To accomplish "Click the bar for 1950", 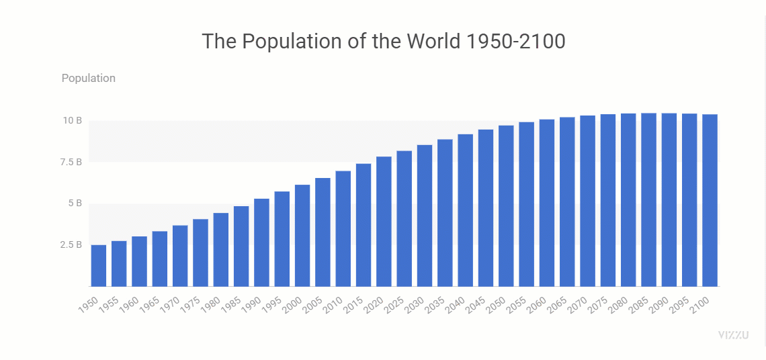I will point(99,265).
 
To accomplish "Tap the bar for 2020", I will point(384,221).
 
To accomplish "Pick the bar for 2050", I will point(506,206).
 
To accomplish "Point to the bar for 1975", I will point(200,253).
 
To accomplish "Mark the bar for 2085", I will point(648,199).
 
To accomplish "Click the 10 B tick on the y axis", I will point(73,121).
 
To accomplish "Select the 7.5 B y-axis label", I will point(71,162).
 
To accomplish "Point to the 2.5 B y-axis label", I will point(71,244).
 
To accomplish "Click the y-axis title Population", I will point(89,78).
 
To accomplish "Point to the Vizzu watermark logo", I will point(733,334).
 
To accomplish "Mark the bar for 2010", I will point(343,228).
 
